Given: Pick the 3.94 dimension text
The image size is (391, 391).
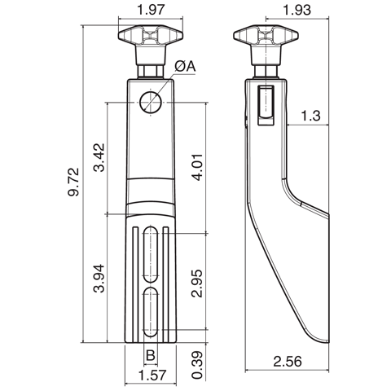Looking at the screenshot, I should click(99, 279).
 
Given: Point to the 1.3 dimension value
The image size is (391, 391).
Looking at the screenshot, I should click(310, 116).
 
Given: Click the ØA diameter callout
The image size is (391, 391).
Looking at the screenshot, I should click(185, 67).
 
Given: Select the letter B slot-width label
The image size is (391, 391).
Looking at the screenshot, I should click(151, 355).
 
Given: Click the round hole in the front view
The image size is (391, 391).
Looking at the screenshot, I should click(151, 102).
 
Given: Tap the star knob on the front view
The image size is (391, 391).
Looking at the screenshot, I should click(151, 38).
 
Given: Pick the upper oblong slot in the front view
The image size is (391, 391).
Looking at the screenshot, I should click(151, 254).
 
